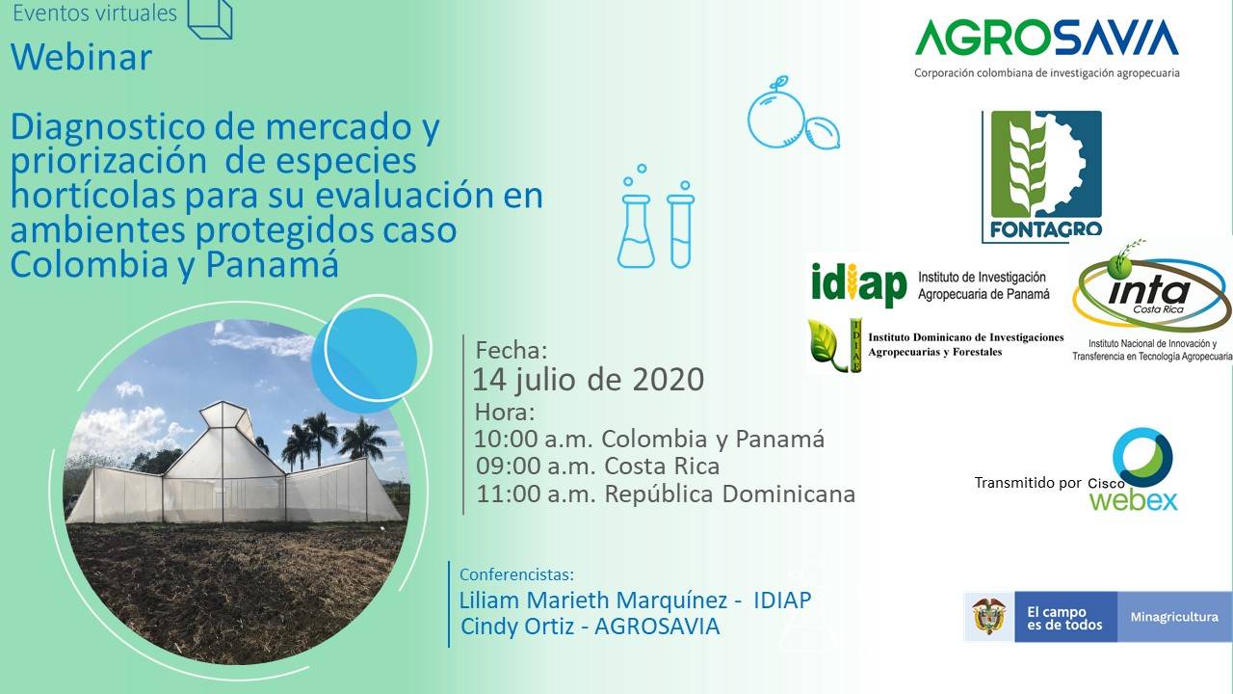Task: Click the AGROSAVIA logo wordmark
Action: tap(1047, 37)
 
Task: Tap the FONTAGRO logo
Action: tap(1042, 176)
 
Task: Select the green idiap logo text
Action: tap(858, 284)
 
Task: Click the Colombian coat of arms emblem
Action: tap(989, 617)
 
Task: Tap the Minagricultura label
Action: tap(1174, 617)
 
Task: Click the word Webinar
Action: tap(82, 57)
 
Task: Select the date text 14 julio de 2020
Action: tap(589, 380)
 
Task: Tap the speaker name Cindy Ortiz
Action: tap(517, 627)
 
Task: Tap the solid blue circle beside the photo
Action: tap(365, 360)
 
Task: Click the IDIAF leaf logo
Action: tap(834, 345)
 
